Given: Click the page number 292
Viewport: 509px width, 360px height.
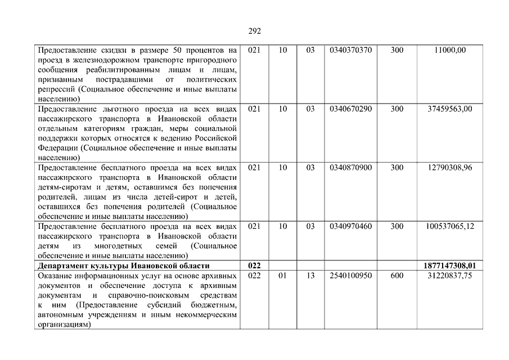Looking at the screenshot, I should (255, 31).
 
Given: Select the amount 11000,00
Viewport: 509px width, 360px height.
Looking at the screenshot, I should (450, 50).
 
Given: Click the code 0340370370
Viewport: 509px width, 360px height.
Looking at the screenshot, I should (351, 50).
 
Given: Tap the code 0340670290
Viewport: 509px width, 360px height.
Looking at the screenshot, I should (351, 109).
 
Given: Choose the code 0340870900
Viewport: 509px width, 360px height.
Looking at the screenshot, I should (351, 167).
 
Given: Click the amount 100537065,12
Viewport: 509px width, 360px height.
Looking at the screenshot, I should (450, 226).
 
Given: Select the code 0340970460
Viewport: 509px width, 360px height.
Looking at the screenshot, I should (351, 226).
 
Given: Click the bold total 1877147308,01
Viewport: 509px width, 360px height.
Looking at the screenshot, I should (450, 265).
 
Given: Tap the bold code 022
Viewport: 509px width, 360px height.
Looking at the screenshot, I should (254, 265).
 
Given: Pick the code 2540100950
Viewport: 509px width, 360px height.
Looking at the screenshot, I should (351, 276).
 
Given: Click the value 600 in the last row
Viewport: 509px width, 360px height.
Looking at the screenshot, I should (397, 276).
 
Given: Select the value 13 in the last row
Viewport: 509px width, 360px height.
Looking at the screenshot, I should (310, 276).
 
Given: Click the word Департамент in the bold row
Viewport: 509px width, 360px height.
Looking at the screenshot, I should (62, 265).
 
